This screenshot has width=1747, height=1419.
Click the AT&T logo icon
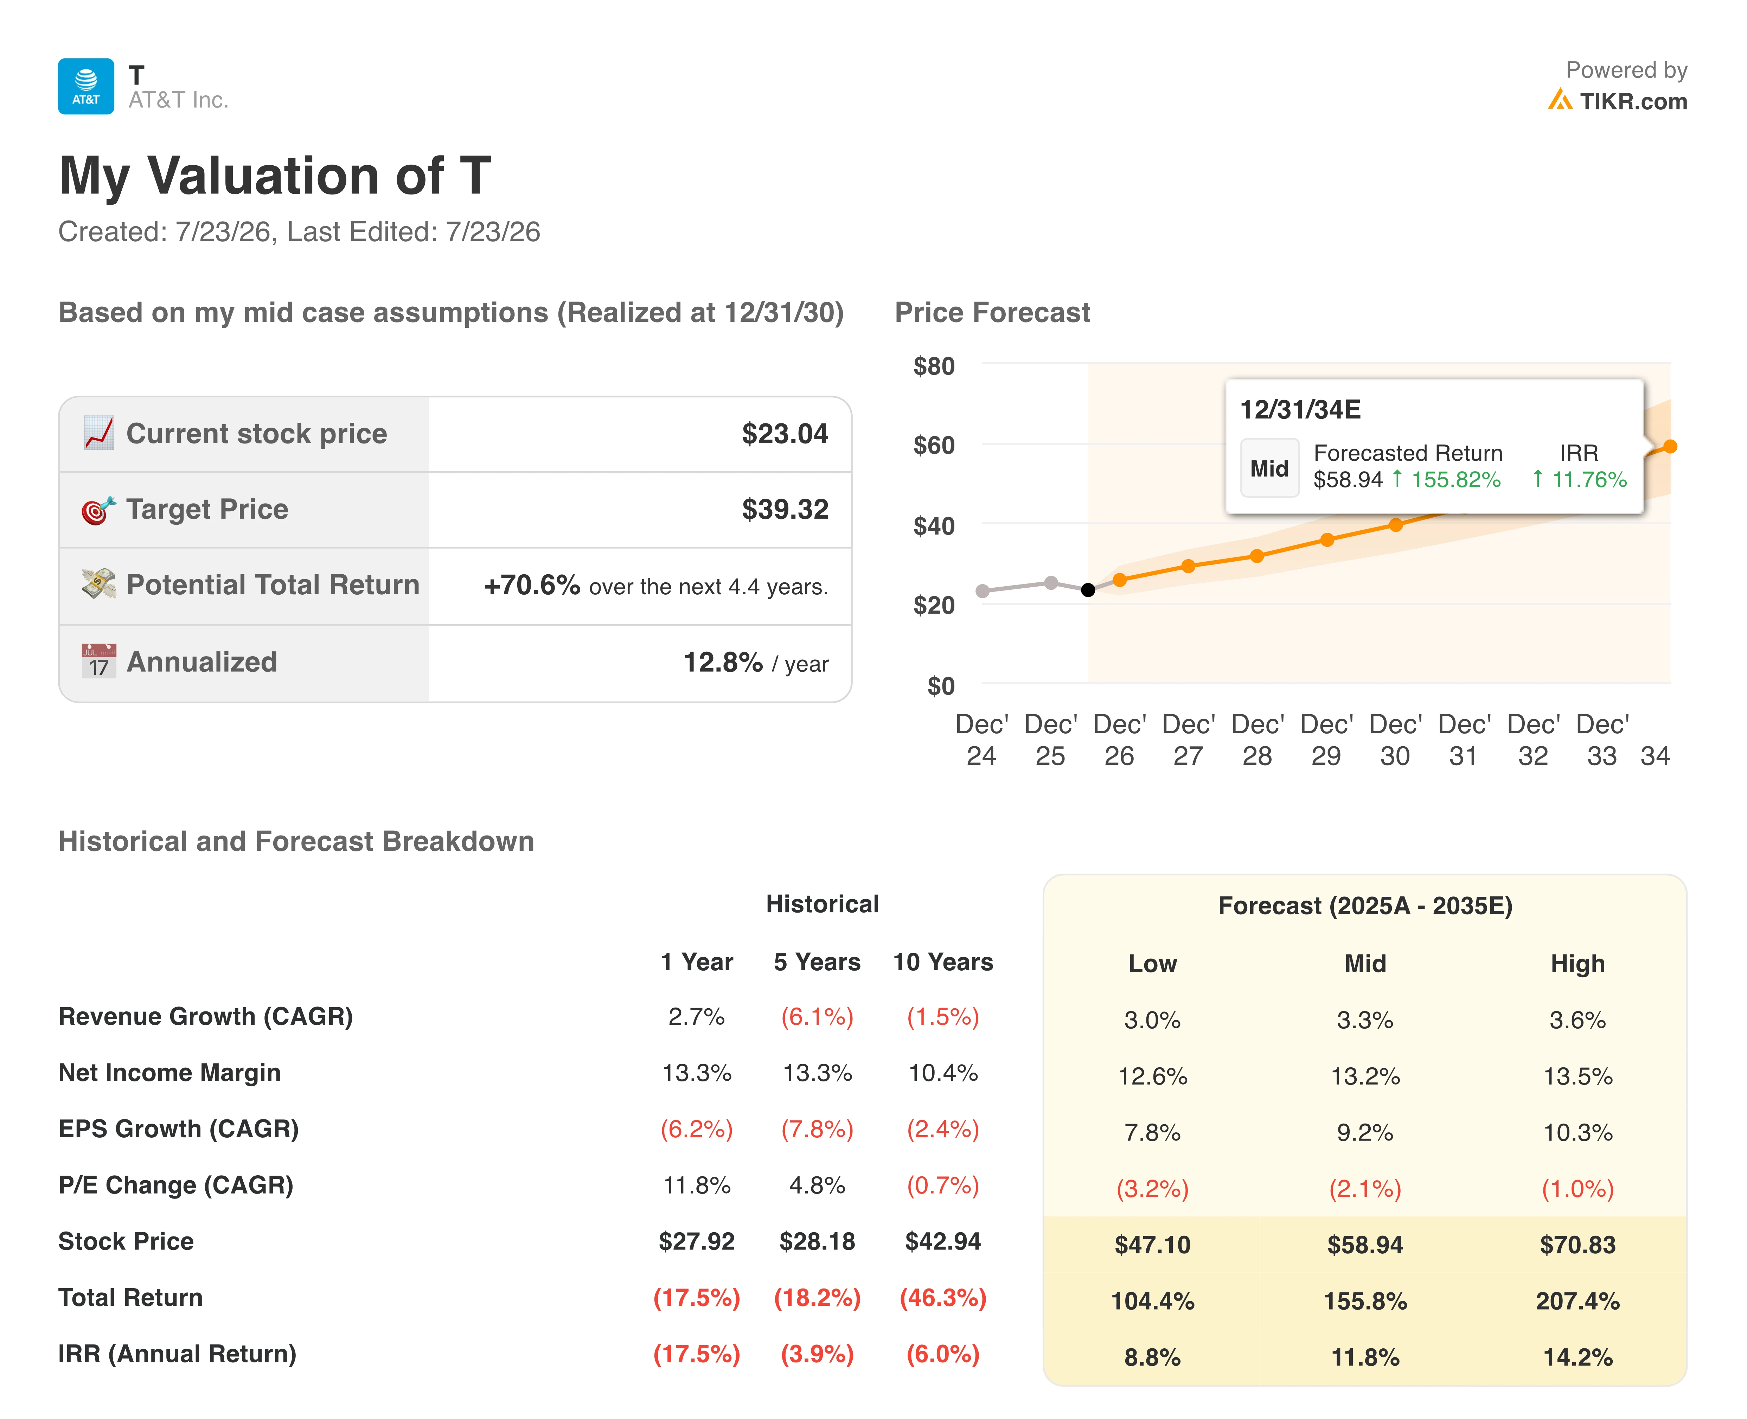click(86, 86)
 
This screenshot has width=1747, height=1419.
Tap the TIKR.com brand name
click(1633, 101)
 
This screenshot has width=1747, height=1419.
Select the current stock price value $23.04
click(785, 433)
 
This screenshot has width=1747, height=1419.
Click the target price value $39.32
click(785, 509)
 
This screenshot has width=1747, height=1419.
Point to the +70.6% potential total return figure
click(532, 585)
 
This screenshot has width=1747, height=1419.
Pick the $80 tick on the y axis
click(934, 366)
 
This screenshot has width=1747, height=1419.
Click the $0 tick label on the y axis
click(941, 686)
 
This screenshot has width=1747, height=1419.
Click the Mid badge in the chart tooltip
click(1269, 468)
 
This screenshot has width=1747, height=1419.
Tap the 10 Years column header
click(943, 962)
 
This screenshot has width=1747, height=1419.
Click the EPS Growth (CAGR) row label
click(178, 1129)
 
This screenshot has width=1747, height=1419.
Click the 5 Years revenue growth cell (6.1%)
click(817, 1017)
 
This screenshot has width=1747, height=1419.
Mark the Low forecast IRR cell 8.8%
click(1152, 1358)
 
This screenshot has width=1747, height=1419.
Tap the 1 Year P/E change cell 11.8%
click(696, 1185)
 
